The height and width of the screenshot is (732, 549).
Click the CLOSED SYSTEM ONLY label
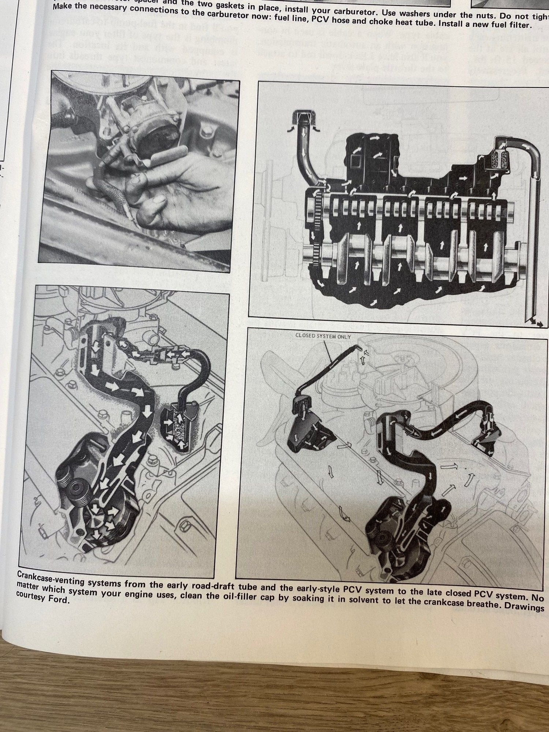(x=323, y=336)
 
